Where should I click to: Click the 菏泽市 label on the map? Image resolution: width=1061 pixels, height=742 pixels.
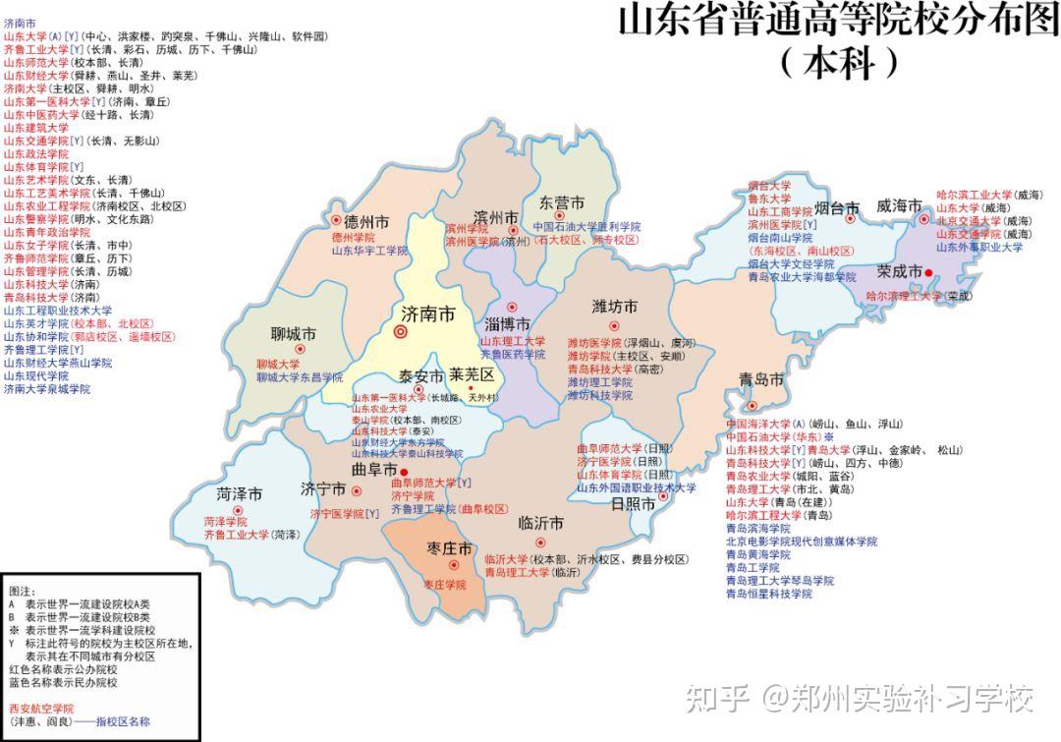240,493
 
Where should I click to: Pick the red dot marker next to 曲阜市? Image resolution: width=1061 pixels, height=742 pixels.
404,473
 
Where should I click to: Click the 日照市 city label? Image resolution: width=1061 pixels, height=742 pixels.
633,504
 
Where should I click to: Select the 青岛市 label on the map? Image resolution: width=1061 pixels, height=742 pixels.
762,380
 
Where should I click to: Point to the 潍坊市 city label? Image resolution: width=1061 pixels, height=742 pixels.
615,307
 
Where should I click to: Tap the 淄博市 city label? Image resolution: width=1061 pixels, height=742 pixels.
508,324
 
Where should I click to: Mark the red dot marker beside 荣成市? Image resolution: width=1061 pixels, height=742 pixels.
928,272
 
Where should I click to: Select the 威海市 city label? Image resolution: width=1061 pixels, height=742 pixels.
899,206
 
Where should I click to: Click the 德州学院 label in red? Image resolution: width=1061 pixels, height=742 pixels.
353,238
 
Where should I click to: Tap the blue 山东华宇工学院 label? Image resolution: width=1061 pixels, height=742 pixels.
369,252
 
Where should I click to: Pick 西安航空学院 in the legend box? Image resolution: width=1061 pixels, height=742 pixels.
40,708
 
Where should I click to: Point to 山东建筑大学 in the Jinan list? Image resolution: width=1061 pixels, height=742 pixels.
36,128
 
